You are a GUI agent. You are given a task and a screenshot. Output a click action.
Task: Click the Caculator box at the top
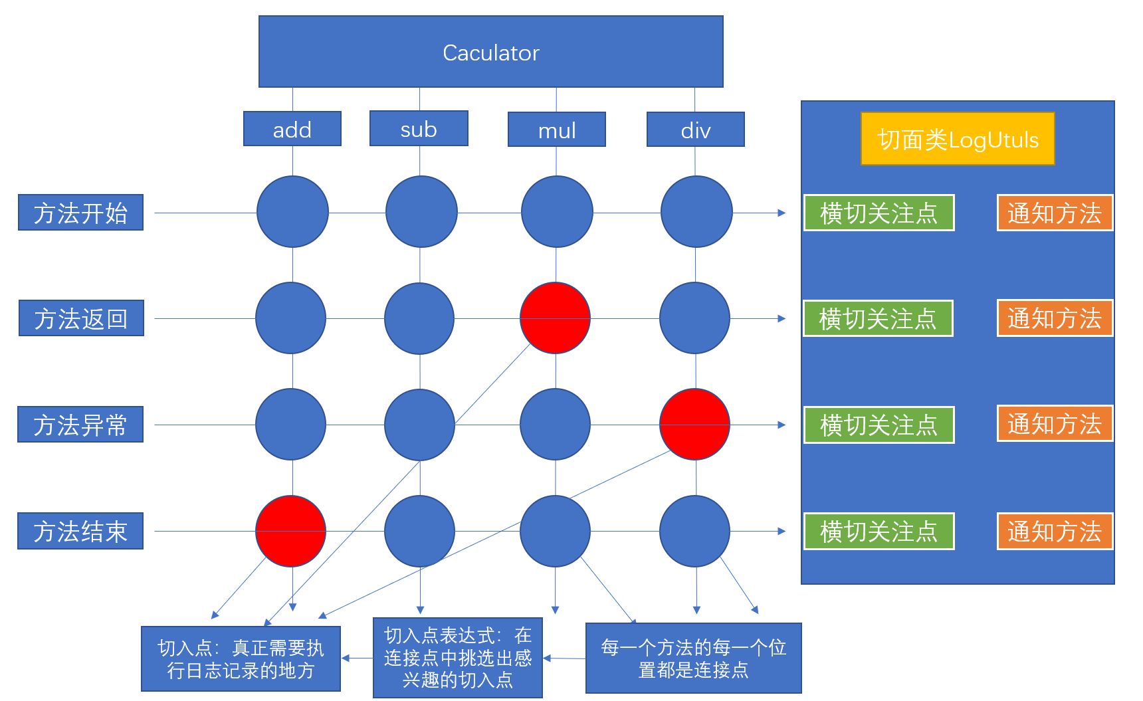(490, 52)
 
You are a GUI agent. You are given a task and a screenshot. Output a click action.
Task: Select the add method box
(292, 129)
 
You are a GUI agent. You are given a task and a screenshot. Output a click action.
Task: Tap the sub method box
(419, 128)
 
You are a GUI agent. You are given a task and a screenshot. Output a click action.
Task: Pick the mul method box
(557, 130)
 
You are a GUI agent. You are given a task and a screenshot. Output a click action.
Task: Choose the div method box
(696, 130)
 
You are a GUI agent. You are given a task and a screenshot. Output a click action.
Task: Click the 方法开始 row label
(80, 213)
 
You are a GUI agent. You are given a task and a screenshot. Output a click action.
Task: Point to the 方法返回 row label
(81, 318)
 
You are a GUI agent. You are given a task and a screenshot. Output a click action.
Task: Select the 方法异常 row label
(80, 425)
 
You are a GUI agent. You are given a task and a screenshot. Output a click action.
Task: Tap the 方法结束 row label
(80, 531)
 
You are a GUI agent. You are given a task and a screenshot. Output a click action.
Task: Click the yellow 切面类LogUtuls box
(958, 139)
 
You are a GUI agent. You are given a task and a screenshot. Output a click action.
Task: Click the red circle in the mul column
(556, 318)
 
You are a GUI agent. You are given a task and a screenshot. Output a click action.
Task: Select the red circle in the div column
(695, 424)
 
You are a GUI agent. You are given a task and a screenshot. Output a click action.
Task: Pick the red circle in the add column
(291, 531)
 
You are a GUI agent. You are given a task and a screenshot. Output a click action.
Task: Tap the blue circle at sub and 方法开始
(421, 212)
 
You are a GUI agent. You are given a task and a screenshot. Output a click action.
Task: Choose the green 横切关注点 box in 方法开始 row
(879, 213)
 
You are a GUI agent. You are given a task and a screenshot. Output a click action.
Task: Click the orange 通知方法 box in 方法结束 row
(1055, 532)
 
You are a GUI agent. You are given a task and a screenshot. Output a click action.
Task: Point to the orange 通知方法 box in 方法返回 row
(1055, 318)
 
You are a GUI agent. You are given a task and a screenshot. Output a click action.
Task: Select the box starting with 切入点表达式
(458, 658)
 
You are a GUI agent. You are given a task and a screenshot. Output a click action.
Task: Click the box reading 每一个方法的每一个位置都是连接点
(693, 658)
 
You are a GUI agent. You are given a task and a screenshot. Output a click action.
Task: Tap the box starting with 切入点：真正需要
(241, 658)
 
